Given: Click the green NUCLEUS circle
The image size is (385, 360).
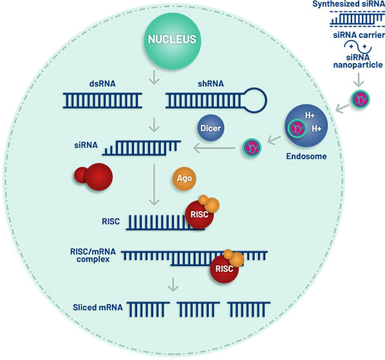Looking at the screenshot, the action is point(173,41).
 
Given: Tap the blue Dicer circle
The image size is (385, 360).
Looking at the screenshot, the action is point(211,128).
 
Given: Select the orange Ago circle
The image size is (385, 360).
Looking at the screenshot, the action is point(184,178).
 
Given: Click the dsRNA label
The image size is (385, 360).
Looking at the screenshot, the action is point(102,84).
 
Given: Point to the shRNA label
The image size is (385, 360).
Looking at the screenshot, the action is point(211,84).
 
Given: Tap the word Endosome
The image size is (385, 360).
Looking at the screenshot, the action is point(306,156).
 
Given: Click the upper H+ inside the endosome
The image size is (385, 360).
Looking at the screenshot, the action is point(310,115).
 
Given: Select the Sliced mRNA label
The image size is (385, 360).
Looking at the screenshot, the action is point(98,307).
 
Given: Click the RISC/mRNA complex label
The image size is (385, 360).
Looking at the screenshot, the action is point(93,256).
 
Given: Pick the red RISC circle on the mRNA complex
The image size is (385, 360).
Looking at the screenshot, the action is point(224,269).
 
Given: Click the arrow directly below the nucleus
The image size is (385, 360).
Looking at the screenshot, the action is point(155,77).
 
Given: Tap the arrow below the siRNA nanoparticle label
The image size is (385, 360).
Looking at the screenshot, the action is point(359,80).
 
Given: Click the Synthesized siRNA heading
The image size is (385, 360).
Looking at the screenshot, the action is point(348,4).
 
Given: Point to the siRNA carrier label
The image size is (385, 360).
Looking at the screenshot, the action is point(359,35).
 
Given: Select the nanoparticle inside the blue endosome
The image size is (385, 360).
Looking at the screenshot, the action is point(297,128).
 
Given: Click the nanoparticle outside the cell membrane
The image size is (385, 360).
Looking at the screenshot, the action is point(360,99).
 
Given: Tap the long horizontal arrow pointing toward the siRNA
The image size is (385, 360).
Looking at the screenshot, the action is point(214,148).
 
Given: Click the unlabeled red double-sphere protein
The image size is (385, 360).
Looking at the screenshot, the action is point(93,177).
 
